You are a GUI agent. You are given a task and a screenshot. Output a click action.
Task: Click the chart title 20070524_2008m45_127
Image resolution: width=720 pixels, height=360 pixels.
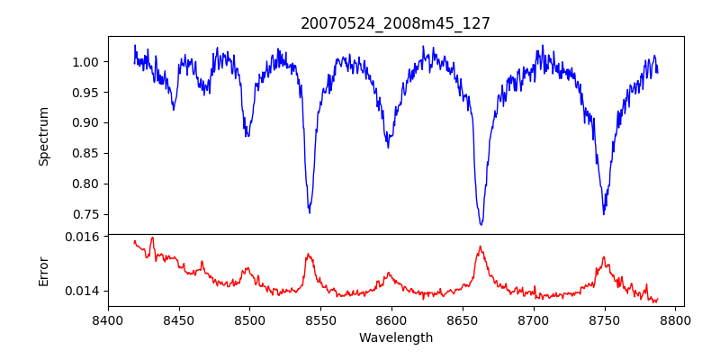click(x=395, y=23)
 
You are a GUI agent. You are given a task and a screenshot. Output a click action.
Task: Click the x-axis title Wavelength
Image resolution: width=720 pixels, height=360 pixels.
click(x=395, y=338)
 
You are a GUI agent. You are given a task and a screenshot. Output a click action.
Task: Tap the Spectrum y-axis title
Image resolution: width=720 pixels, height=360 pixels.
click(x=44, y=136)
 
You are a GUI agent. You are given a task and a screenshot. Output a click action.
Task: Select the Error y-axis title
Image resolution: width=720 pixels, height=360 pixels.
click(x=44, y=271)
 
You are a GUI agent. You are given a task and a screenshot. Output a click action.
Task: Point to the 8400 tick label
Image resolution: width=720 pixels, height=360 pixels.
click(x=108, y=319)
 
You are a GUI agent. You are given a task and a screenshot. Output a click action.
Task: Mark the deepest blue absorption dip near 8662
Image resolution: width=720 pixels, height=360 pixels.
click(x=481, y=224)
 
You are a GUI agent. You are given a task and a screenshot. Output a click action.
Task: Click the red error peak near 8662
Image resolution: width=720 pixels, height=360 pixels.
click(x=480, y=247)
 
